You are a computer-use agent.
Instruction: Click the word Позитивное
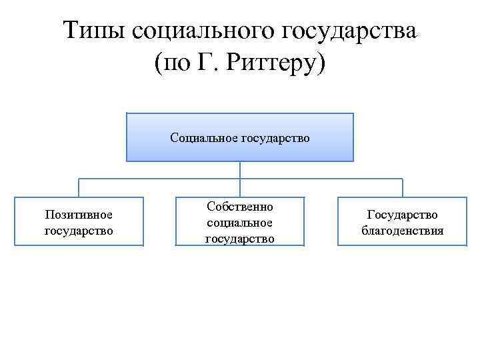coord(79,215)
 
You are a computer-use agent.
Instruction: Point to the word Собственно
coord(240,207)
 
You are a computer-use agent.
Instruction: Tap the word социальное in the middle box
coord(240,222)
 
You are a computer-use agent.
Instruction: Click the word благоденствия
coord(402,231)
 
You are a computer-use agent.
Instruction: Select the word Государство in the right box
coord(402,215)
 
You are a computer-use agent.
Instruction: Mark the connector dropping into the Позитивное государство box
coord(79,188)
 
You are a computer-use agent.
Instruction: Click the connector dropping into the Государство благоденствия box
coord(402,188)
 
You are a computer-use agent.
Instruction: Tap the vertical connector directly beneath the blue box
coord(240,170)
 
